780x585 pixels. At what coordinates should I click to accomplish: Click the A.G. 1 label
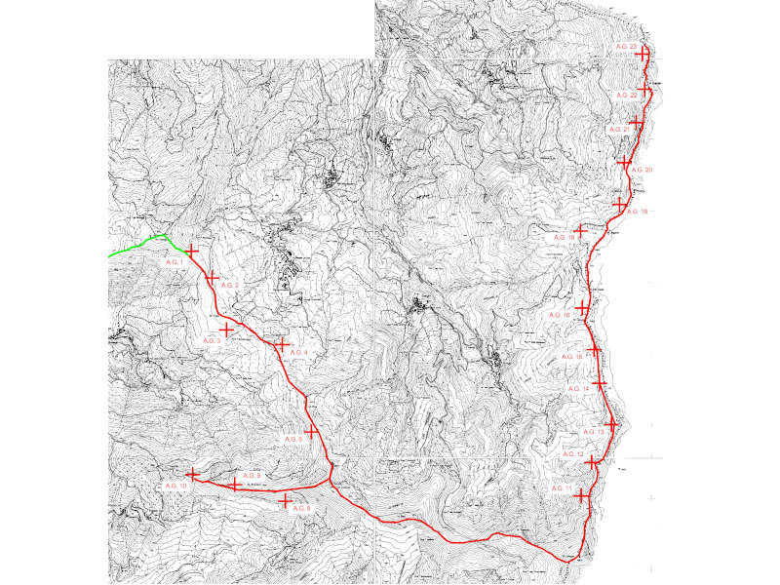(x=175, y=263)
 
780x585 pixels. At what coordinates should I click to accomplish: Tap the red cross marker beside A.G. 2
(x=211, y=278)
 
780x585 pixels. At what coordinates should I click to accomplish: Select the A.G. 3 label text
(x=212, y=340)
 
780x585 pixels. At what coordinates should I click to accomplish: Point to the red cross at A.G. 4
(x=281, y=344)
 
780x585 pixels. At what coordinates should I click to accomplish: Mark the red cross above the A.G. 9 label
(x=234, y=485)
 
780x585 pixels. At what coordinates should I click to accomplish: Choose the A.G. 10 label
(x=175, y=486)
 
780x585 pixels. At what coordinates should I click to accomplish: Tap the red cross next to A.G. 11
(x=583, y=495)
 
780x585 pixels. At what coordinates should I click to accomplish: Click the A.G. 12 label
(x=573, y=455)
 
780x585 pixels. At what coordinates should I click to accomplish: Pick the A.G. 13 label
(x=594, y=432)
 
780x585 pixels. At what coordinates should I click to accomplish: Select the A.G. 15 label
(x=573, y=358)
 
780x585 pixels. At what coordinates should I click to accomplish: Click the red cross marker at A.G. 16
(x=583, y=308)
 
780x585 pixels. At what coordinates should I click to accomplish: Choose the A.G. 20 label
(x=642, y=171)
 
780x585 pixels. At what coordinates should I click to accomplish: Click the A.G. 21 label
(x=618, y=130)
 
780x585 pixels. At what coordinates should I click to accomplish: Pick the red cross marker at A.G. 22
(x=646, y=92)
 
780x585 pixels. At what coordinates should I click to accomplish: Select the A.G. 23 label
(x=626, y=47)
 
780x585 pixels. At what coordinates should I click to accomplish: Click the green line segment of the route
(x=136, y=246)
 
